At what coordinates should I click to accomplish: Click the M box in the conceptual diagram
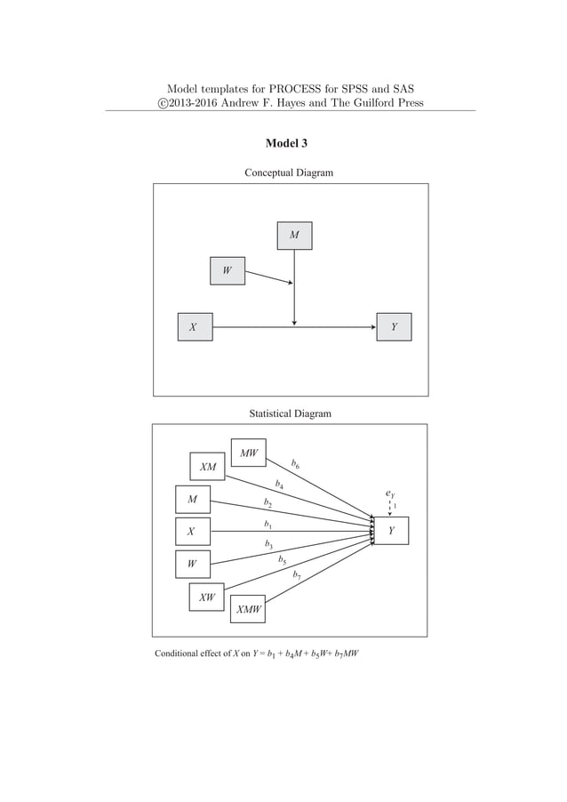coord(294,236)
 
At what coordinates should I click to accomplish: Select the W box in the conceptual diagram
coord(228,270)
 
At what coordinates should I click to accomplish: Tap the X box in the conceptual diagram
coord(194,327)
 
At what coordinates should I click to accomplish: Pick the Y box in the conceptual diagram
coord(395,327)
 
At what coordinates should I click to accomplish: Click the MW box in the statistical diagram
coord(249,453)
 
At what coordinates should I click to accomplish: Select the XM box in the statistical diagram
coord(207,467)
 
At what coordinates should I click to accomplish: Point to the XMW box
coord(248,610)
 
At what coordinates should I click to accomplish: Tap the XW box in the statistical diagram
coord(206,597)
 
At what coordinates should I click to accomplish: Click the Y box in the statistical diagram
coord(391,531)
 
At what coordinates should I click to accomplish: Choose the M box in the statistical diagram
coord(192,500)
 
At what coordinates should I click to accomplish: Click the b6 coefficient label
coord(295,463)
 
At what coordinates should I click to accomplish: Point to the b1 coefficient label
coord(268,525)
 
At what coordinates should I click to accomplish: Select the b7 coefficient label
coord(297,574)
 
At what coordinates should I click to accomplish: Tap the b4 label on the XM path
coord(280,485)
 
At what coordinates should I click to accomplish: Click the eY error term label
coord(390,492)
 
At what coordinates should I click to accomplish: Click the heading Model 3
coord(286,143)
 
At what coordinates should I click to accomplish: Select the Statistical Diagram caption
coord(290,413)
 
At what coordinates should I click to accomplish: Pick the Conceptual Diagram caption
coord(289,172)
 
